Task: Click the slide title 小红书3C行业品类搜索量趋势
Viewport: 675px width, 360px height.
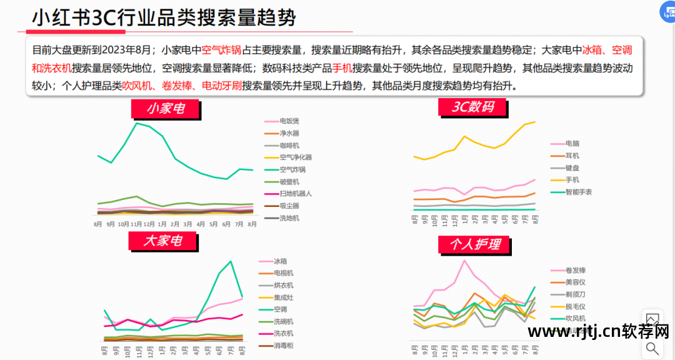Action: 164,17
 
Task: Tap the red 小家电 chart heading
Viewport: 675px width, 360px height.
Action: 166,109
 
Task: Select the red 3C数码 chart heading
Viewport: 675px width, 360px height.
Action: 473,107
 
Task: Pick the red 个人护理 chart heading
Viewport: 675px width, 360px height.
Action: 474,244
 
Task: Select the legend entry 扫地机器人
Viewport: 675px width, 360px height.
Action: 296,194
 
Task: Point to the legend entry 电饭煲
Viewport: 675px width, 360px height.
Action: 289,121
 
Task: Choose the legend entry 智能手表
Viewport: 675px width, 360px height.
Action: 578,192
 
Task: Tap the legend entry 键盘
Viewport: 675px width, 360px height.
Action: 572,167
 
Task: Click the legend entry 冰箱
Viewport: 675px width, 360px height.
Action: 280,261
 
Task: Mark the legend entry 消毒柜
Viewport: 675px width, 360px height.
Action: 283,346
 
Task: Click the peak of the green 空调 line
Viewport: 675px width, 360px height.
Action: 231,261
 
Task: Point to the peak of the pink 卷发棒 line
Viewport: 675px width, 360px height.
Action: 464,260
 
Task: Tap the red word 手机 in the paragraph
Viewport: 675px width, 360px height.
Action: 341,68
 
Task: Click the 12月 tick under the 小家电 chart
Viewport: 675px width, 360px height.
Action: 149,223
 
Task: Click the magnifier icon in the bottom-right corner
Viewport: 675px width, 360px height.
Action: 652,348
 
